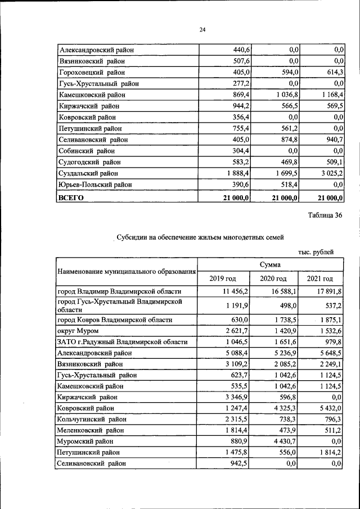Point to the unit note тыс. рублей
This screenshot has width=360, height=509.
click(x=316, y=252)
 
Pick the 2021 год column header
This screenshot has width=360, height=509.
click(x=320, y=279)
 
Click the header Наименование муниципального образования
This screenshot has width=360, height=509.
click(x=127, y=272)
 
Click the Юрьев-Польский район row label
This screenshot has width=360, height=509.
click(x=95, y=184)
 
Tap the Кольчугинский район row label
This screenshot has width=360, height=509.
click(x=92, y=419)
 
